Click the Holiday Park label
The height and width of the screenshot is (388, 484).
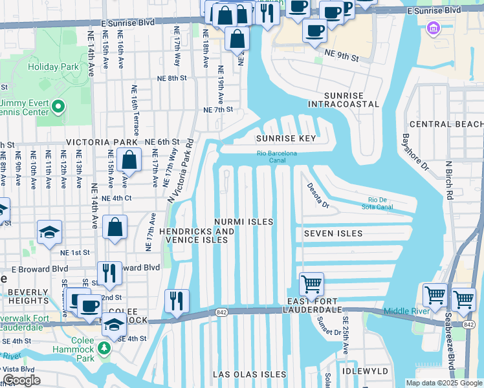coord(53,67)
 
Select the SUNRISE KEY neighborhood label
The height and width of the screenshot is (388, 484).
coord(285,138)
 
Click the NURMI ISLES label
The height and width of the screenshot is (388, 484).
coord(245,222)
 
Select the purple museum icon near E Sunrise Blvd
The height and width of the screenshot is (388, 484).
coord(432,28)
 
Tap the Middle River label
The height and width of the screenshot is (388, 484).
coord(406,311)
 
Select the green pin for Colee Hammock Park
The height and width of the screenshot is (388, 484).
coord(104,349)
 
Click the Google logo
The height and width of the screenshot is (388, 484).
coord(21,380)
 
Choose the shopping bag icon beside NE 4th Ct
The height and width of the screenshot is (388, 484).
coord(115,227)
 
